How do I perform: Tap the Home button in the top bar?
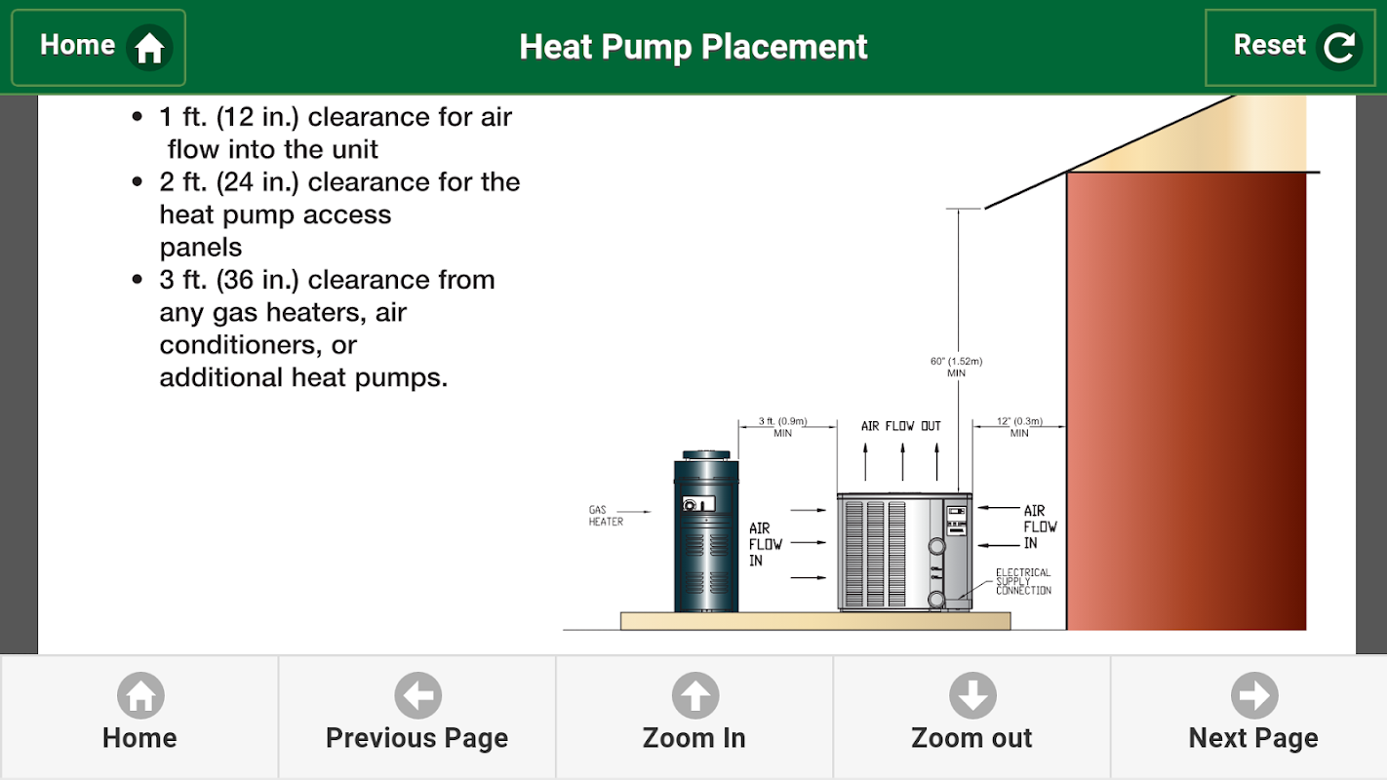pyautogui.click(x=99, y=47)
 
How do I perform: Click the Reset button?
pyautogui.click(x=1290, y=47)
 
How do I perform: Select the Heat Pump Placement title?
pyautogui.click(x=693, y=47)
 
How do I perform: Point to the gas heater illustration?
pyautogui.click(x=706, y=531)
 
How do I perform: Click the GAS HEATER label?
pyautogui.click(x=606, y=516)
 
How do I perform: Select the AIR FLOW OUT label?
pyautogui.click(x=901, y=426)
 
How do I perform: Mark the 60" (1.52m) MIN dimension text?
pyautogui.click(x=956, y=367)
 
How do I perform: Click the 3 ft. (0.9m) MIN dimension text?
pyautogui.click(x=782, y=427)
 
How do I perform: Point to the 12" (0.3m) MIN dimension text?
pyautogui.click(x=1019, y=427)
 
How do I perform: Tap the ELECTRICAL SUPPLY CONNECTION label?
pyautogui.click(x=1023, y=582)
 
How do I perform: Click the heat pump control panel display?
pyautogui.click(x=957, y=521)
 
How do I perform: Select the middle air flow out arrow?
pyautogui.click(x=903, y=462)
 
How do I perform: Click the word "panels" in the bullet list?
pyautogui.click(x=201, y=248)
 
